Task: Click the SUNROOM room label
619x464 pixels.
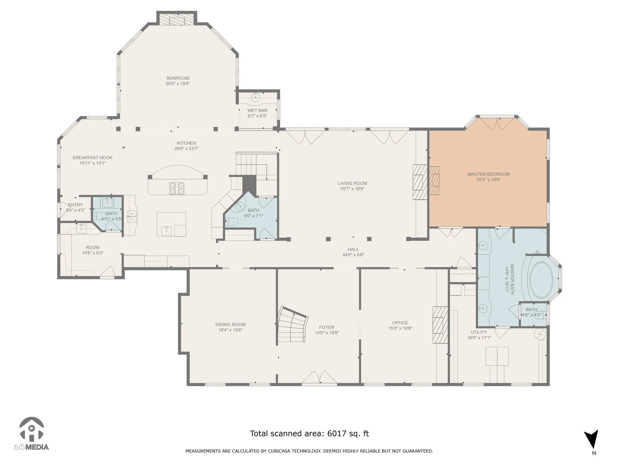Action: pyautogui.click(x=178, y=78)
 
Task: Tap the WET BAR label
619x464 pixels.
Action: pyautogui.click(x=258, y=111)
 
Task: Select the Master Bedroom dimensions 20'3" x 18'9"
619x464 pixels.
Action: pyautogui.click(x=488, y=180)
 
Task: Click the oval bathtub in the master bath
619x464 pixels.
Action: pyautogui.click(x=541, y=280)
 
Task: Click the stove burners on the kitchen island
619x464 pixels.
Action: pyautogui.click(x=177, y=188)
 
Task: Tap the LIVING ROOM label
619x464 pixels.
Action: pyautogui.click(x=352, y=183)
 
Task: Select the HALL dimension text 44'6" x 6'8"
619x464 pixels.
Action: pyautogui.click(x=353, y=255)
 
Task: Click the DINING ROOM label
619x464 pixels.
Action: pyautogui.click(x=230, y=325)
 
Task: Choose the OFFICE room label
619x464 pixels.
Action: pyautogui.click(x=400, y=323)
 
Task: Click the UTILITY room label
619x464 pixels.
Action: pyautogui.click(x=479, y=332)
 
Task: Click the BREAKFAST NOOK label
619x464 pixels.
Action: pyautogui.click(x=92, y=158)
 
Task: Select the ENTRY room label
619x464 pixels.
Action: pyautogui.click(x=75, y=205)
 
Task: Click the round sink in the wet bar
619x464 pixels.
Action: pyautogui.click(x=256, y=97)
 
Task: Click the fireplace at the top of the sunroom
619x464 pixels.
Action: pyautogui.click(x=177, y=19)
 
